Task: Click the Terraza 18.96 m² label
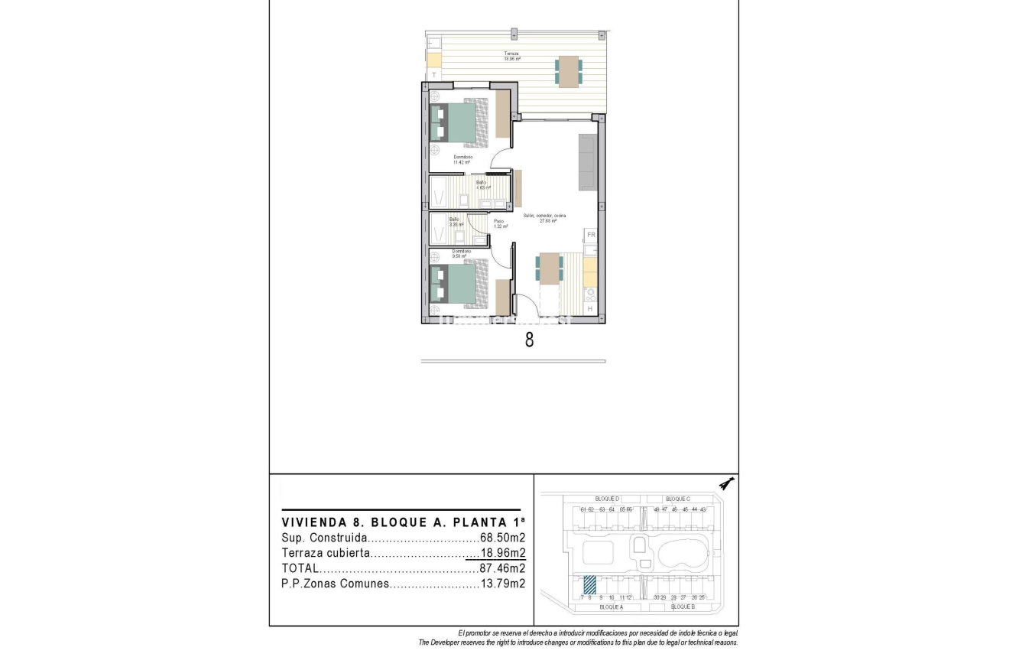pyautogui.click(x=512, y=56)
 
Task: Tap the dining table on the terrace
pyautogui.click(x=568, y=71)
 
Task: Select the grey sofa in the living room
pyautogui.click(x=588, y=162)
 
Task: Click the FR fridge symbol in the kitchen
pyautogui.click(x=590, y=235)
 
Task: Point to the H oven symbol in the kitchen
pyautogui.click(x=589, y=308)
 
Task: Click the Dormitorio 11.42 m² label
pyautogui.click(x=462, y=159)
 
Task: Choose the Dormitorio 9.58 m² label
pyautogui.click(x=461, y=253)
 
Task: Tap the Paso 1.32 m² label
pyautogui.click(x=501, y=223)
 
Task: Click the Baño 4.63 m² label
pyautogui.click(x=482, y=184)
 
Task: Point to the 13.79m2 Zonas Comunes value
pyautogui.click(x=502, y=584)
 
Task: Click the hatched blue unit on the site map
pyautogui.click(x=590, y=585)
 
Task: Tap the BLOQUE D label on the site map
pyautogui.click(x=607, y=498)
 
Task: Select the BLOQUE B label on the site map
pyautogui.click(x=682, y=607)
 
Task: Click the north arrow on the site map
pyautogui.click(x=727, y=484)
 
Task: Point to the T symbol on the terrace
pyautogui.click(x=434, y=75)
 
